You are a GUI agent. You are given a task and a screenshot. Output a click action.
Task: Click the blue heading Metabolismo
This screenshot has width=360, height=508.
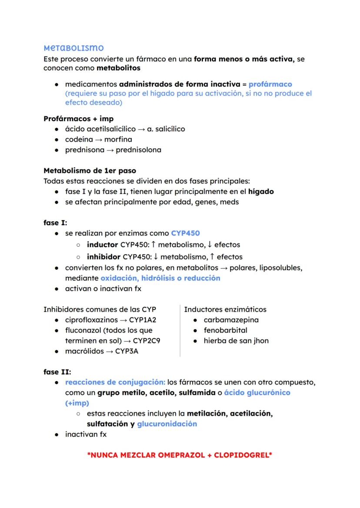click(x=73, y=47)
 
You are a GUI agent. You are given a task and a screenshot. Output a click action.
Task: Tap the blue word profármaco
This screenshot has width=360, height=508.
click(x=270, y=84)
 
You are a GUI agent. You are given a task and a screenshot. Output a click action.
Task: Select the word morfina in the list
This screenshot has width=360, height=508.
click(x=118, y=139)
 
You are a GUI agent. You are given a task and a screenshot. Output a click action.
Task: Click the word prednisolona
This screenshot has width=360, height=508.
click(x=138, y=150)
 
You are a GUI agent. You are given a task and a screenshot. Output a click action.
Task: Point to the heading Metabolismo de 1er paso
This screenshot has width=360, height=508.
click(x=90, y=170)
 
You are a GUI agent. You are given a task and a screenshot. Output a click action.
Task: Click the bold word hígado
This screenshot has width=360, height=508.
click(x=261, y=191)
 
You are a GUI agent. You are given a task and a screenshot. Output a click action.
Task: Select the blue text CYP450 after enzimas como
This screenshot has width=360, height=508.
click(x=185, y=233)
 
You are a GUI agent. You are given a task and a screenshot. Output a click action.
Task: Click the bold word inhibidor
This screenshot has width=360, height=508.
click(x=103, y=257)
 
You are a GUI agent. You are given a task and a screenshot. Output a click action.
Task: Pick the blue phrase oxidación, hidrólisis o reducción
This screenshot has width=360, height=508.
click(x=160, y=278)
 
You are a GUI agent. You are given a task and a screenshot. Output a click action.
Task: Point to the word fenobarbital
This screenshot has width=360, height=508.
click(x=225, y=330)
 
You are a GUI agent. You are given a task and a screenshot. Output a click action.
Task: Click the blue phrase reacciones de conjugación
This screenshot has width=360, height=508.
click(x=115, y=382)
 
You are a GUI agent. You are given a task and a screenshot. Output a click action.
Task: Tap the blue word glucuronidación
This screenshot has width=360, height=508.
click(x=167, y=424)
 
